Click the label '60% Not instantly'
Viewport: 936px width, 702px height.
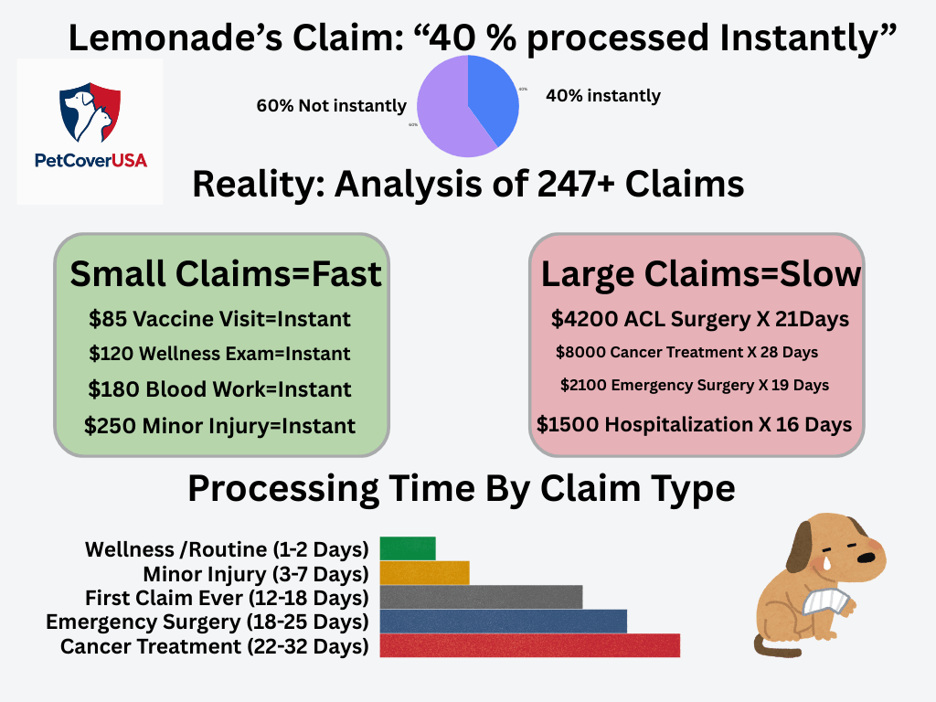click(x=331, y=106)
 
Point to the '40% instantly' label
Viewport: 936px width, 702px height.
click(x=602, y=95)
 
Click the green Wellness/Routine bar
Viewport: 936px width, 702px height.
click(x=408, y=548)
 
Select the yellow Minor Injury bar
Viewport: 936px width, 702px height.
click(x=424, y=573)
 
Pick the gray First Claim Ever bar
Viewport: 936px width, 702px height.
click(x=481, y=597)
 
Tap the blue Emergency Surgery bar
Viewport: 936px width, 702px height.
click(x=503, y=622)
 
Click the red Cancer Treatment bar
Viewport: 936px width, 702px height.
click(x=529, y=645)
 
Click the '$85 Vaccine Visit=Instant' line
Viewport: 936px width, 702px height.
click(x=219, y=319)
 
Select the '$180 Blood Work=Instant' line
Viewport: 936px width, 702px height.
click(x=219, y=389)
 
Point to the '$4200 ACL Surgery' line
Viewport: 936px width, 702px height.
click(x=700, y=319)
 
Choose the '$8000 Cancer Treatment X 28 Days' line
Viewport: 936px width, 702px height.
click(x=686, y=352)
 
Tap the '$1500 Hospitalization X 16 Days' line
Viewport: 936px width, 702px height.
click(x=694, y=424)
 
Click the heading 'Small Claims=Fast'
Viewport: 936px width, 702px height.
click(x=226, y=274)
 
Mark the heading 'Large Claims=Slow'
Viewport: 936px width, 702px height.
click(x=701, y=274)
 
